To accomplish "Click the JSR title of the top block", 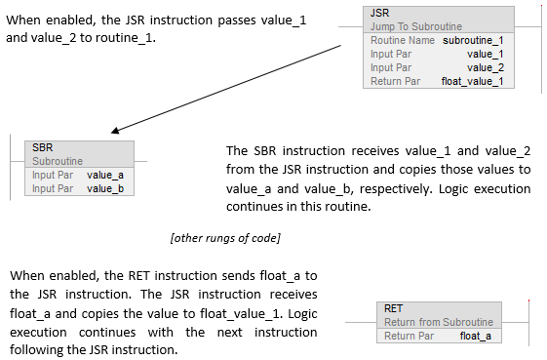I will [379, 13].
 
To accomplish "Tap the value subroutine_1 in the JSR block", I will [472, 40].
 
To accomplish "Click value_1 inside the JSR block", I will [486, 54].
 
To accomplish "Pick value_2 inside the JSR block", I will [486, 67].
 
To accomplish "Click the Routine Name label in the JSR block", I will [403, 40].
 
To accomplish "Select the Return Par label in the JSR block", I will [395, 81].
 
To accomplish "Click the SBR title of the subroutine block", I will [43, 147].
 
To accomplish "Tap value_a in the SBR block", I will [104, 175].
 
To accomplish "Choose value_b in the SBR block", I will [104, 188].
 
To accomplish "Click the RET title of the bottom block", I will [394, 308].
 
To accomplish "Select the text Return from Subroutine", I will [439, 322].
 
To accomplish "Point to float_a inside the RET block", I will [475, 336].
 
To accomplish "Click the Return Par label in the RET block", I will [409, 336].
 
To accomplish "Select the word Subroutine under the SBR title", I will [58, 161].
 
